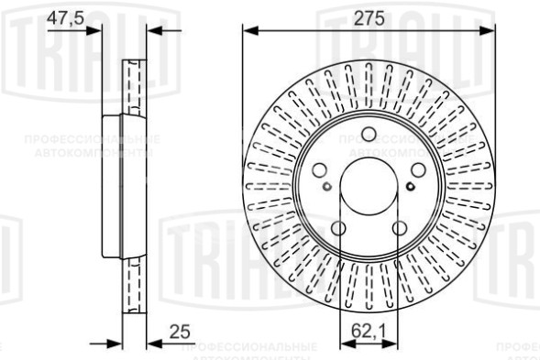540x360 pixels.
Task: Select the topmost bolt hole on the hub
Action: (369, 134)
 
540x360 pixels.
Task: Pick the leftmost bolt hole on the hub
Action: (318, 170)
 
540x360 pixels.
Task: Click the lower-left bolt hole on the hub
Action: (337, 229)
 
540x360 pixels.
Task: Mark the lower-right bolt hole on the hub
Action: (400, 229)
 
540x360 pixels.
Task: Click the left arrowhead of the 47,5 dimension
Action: (94, 30)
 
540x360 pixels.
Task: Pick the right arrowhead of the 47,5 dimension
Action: (153, 30)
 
